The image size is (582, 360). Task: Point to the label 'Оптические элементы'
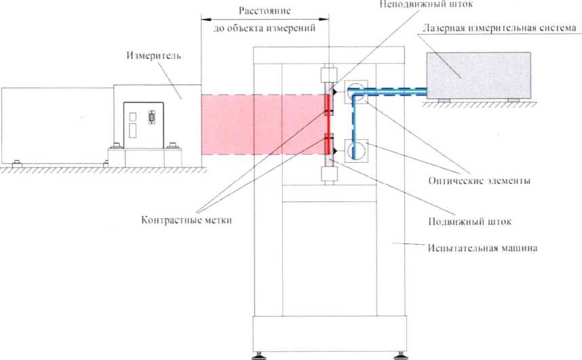pos(479,181)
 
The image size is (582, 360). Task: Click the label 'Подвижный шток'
pos(466,221)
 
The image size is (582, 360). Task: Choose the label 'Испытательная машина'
pos(483,248)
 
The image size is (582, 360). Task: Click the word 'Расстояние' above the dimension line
pos(265,12)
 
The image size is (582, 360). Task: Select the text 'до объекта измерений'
pos(265,28)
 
